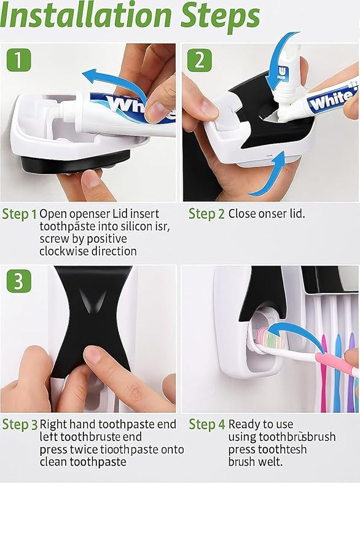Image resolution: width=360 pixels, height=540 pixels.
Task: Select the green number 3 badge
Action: tap(19, 281)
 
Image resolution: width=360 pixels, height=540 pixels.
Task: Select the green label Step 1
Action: tap(19, 214)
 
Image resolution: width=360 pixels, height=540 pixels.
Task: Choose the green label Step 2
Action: tap(206, 214)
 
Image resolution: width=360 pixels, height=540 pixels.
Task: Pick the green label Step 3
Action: tap(20, 425)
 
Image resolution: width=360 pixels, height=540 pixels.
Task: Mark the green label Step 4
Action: tap(207, 425)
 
